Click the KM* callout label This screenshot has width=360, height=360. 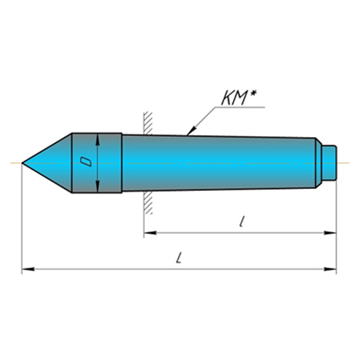tap(239, 98)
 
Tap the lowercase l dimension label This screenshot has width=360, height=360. tap(241, 222)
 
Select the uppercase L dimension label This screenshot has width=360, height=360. tap(179, 258)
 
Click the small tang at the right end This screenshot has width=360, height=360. tap(330, 163)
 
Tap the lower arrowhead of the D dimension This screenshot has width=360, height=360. tap(99, 187)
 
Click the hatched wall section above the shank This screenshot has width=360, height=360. tap(148, 123)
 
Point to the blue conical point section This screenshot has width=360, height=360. tap(52, 163)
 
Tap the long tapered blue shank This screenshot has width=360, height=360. tap(218, 163)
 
